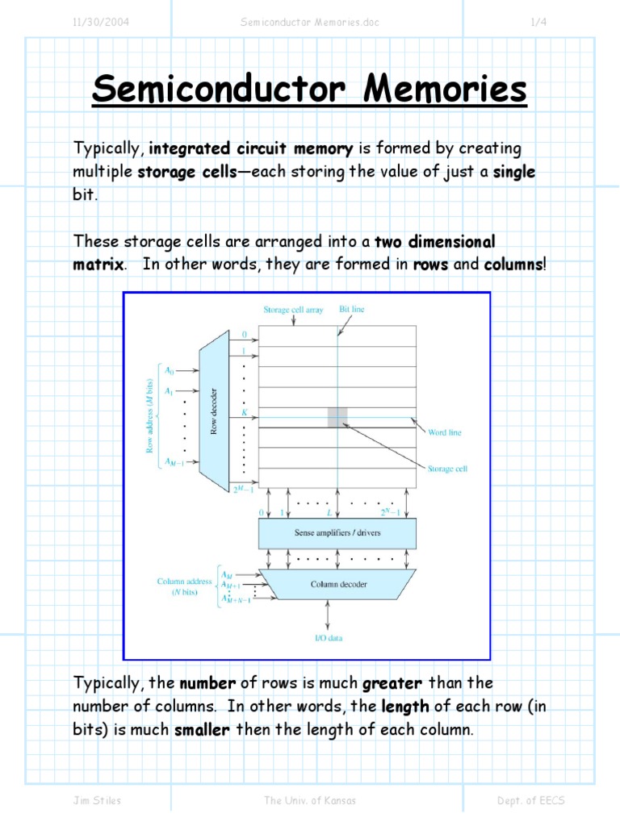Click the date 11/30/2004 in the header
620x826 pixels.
click(101, 23)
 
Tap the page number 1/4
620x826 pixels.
click(538, 23)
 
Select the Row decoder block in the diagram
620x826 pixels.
click(214, 407)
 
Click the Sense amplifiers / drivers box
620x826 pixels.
click(337, 533)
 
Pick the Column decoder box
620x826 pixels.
click(337, 583)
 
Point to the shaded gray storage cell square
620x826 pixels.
click(337, 416)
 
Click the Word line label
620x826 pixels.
click(444, 433)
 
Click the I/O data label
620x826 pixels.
click(328, 638)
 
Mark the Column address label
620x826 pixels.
click(185, 581)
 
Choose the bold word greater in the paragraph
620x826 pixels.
click(392, 684)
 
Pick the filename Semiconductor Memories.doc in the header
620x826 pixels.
click(309, 23)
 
